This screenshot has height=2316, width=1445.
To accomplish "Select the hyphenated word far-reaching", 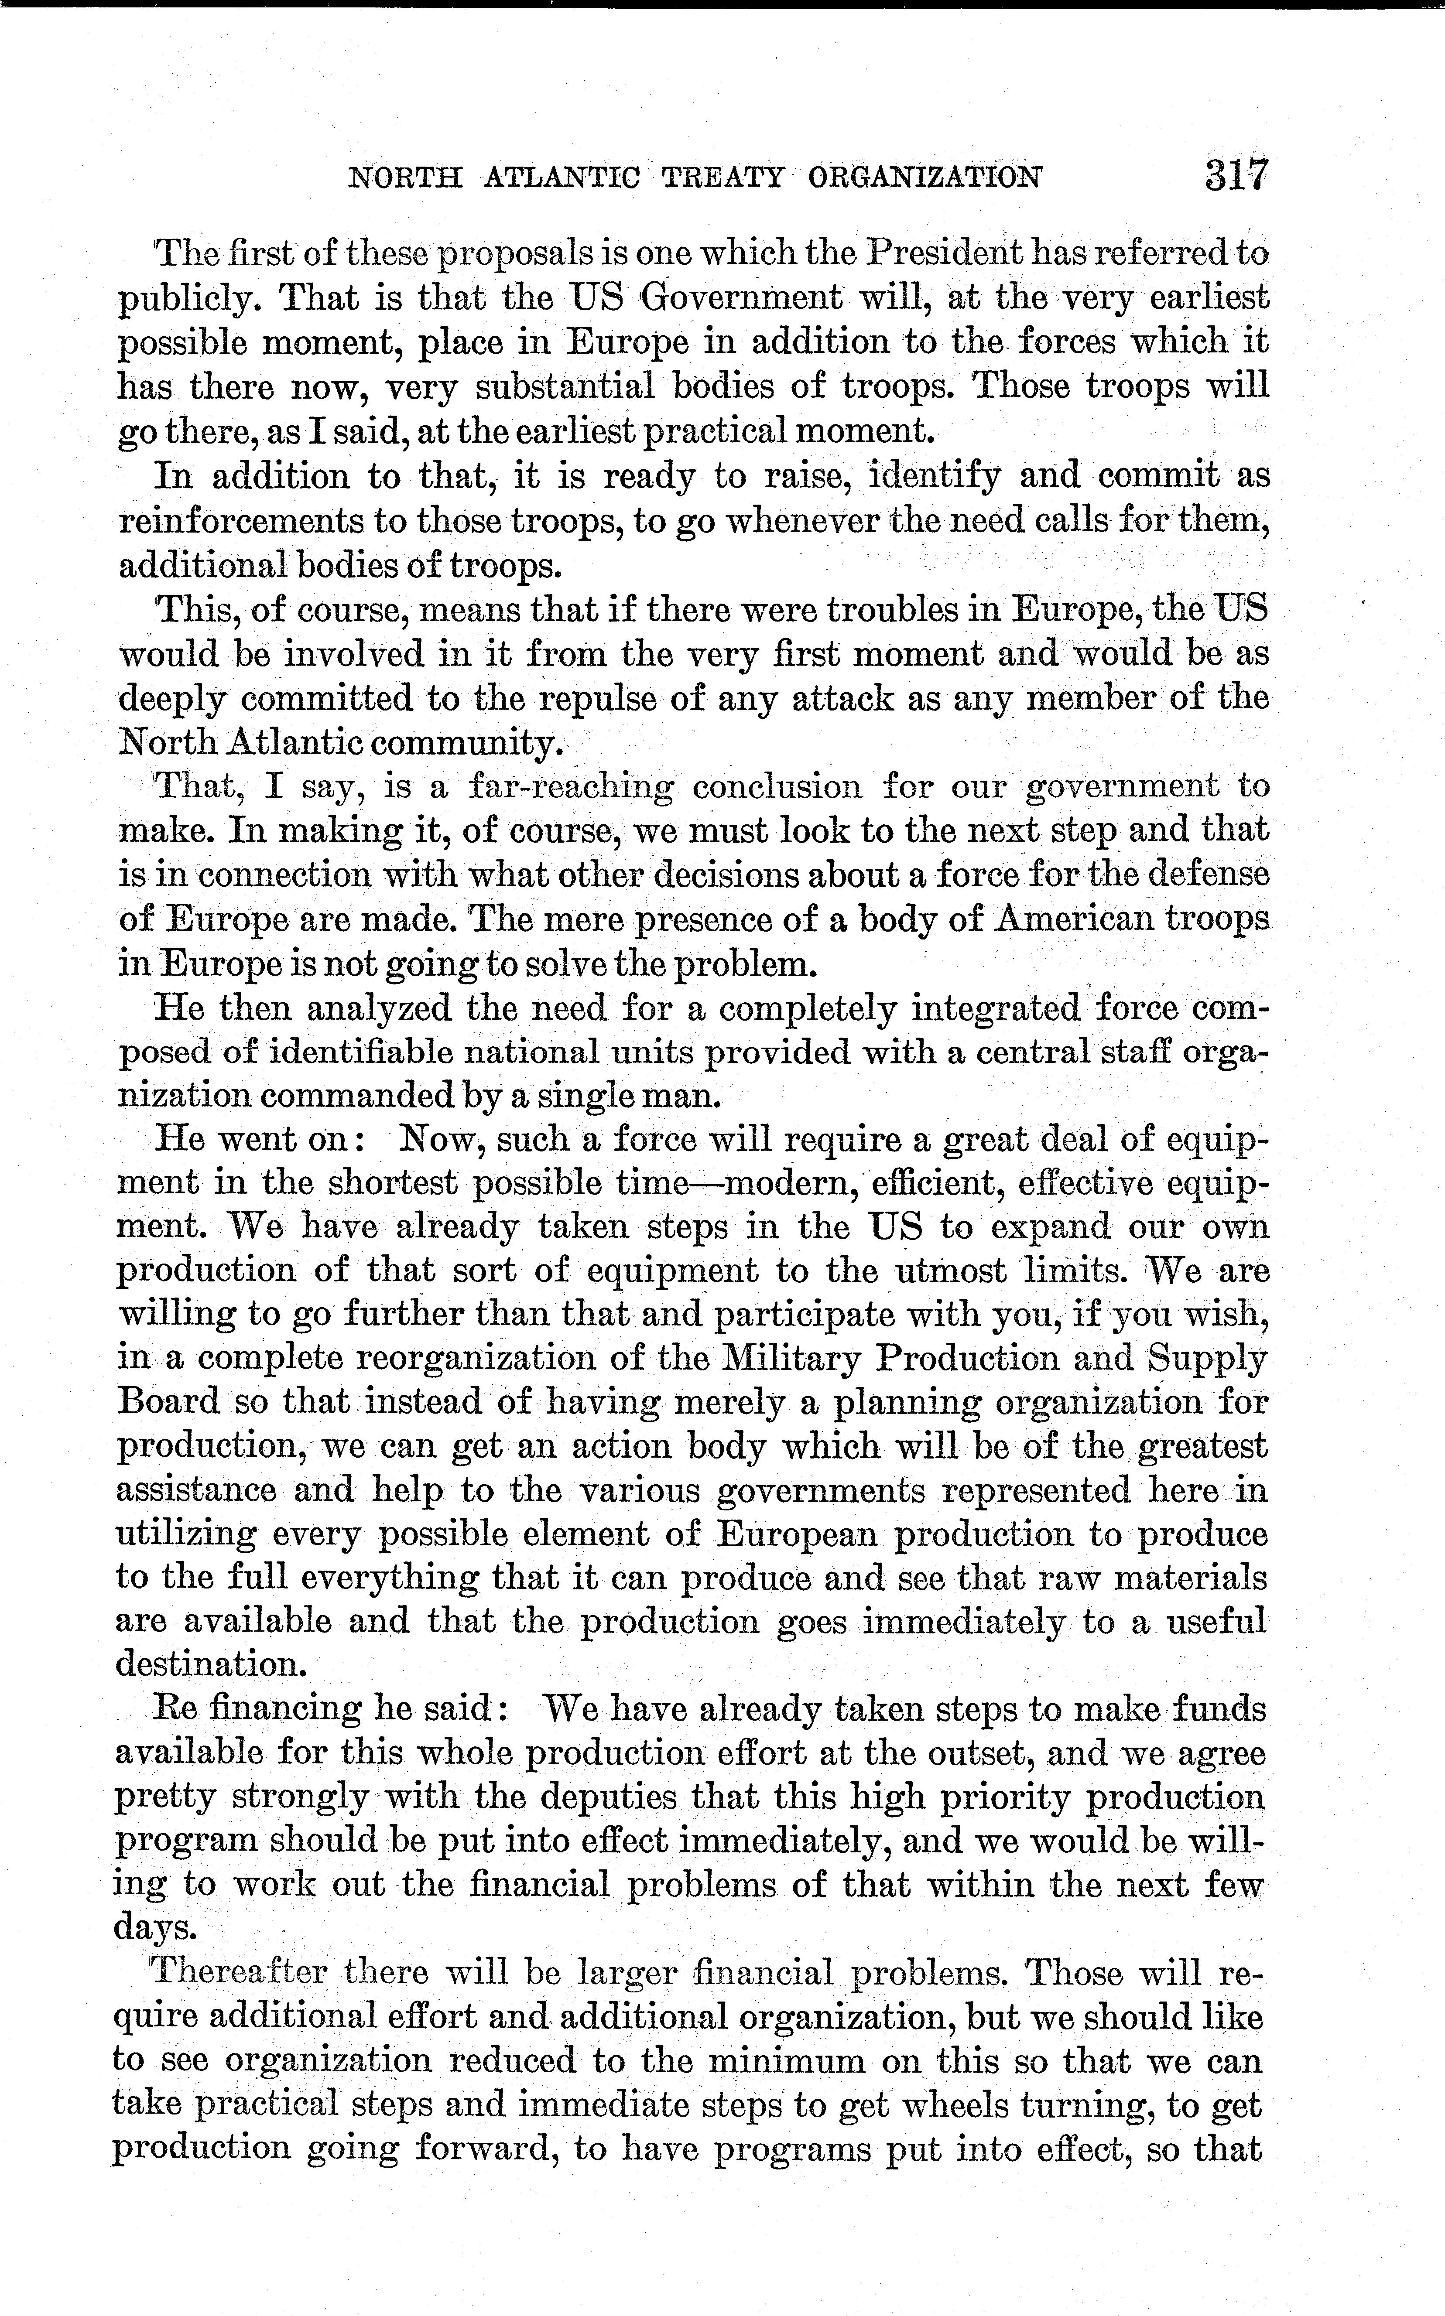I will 571,786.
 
